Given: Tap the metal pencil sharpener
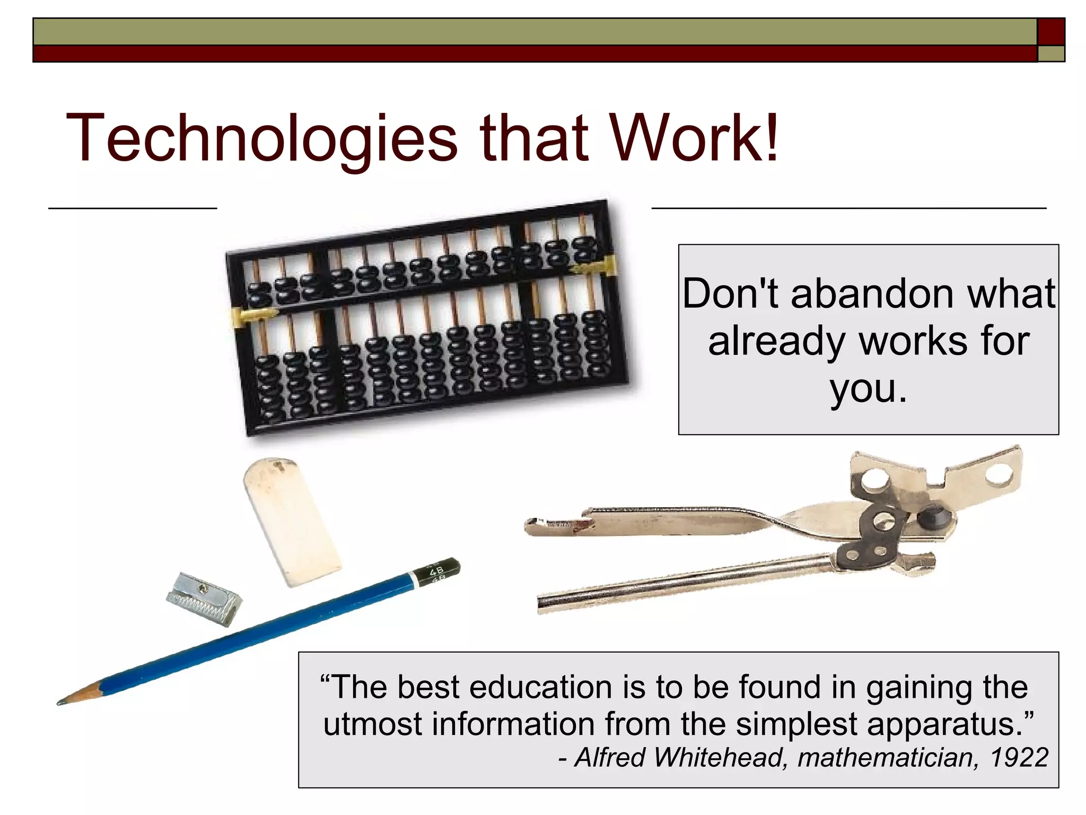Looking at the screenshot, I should (x=204, y=599).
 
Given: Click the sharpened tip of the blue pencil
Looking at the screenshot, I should (x=62, y=702).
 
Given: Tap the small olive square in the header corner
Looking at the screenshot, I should (x=1050, y=54).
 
